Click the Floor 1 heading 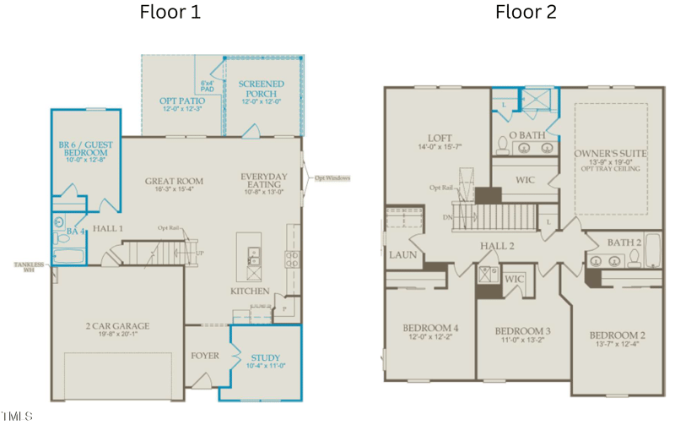(170, 13)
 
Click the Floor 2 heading (526, 13)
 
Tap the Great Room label (175, 181)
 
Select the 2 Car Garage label (116, 325)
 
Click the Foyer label (205, 356)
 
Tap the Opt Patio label (182, 101)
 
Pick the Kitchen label (251, 292)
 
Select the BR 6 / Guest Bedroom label (85, 150)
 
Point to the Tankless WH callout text (29, 267)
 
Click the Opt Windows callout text (332, 177)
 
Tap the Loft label (440, 139)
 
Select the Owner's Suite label (611, 153)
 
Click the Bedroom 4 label (430, 328)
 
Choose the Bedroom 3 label (523, 330)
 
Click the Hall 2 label (498, 246)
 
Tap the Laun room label (402, 254)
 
